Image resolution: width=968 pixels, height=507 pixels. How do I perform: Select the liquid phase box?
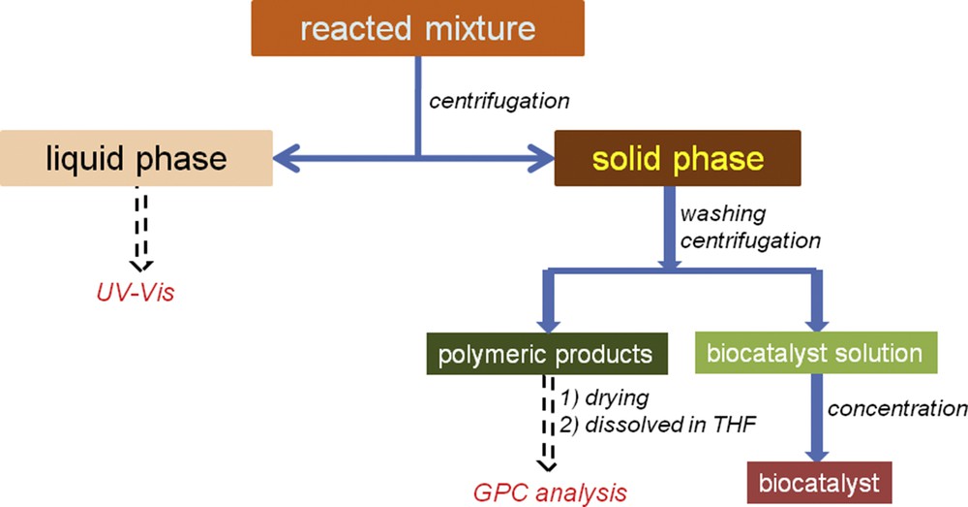136,157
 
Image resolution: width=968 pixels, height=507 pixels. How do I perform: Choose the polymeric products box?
548,355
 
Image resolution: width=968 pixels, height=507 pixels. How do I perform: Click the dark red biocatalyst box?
819,481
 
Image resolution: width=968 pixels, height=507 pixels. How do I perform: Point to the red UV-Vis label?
142,290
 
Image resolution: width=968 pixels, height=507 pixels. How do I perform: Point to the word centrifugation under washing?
750,238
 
